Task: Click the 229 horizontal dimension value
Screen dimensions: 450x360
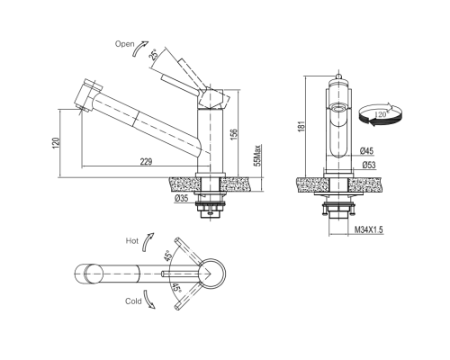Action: (147, 161)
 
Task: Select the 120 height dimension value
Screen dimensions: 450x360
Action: (56, 142)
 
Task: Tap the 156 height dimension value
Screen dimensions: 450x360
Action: (234, 134)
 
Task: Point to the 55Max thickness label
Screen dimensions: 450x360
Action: (257, 156)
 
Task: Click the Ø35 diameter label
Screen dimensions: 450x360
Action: (181, 198)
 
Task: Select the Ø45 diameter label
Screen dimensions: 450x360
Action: (367, 151)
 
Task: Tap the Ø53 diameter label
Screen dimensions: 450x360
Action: (368, 165)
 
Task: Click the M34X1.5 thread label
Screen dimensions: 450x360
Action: (369, 230)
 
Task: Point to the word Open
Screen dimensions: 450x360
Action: (124, 44)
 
